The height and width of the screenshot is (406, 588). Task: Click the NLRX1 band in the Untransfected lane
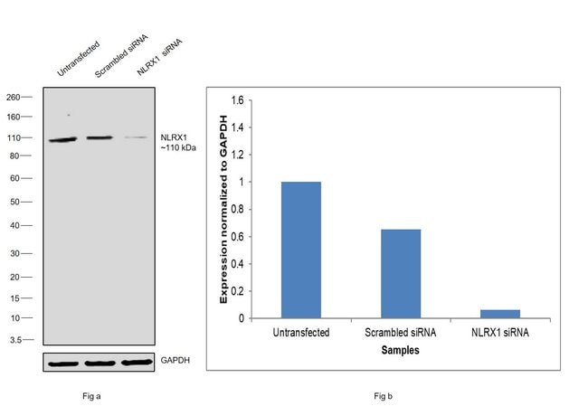pos(63,140)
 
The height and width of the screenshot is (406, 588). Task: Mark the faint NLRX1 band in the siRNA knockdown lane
pos(136,137)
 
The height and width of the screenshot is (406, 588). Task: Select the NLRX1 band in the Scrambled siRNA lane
pos(99,138)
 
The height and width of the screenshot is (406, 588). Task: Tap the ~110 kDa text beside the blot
pos(179,147)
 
